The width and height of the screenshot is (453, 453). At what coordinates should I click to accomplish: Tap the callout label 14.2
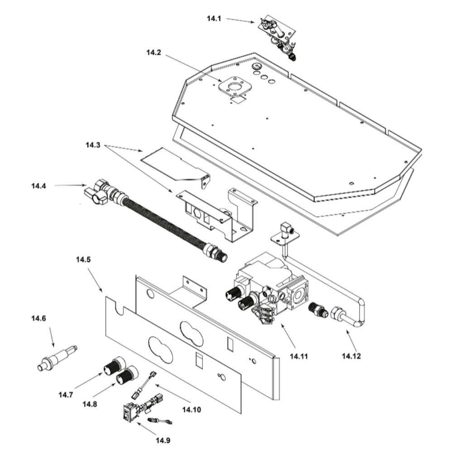point(154,53)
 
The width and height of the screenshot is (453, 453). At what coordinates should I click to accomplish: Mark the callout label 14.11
point(299,356)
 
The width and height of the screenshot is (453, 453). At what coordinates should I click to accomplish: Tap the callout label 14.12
point(352,356)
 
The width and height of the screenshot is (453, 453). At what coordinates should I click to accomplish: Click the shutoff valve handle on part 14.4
point(96,196)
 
